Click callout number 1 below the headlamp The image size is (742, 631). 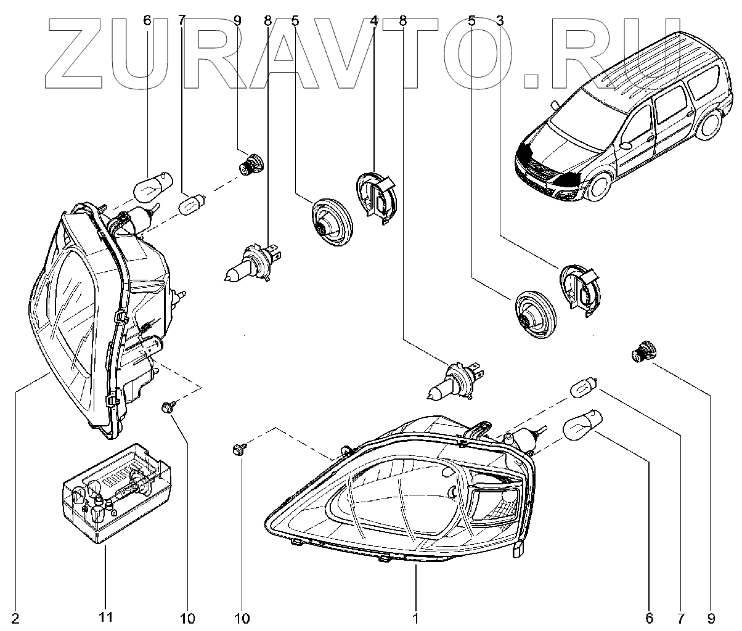tap(416, 617)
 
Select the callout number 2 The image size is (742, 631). tap(15, 617)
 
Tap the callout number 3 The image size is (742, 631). tap(500, 20)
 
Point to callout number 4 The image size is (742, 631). tap(373, 20)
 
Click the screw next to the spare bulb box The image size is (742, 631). tap(166, 407)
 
